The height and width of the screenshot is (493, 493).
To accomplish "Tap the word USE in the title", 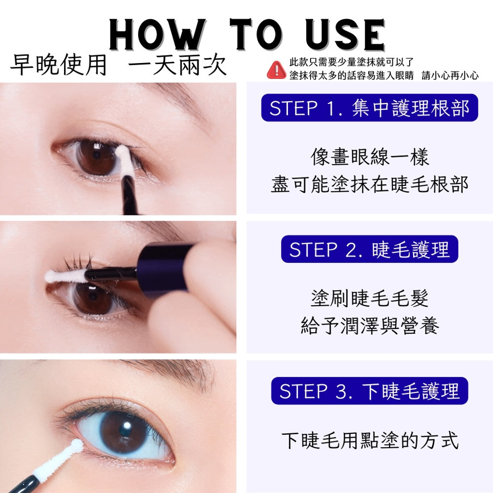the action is point(345,35).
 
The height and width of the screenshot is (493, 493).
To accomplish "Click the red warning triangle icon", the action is point(277,70).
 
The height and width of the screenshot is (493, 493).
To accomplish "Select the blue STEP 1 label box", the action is point(369,108).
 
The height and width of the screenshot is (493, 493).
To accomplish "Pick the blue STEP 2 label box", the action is point(369,249).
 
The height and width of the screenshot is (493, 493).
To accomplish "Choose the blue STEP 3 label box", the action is point(369,391).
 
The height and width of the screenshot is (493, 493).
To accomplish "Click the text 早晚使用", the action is point(59,65).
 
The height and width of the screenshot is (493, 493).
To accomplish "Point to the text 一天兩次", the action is point(177,65).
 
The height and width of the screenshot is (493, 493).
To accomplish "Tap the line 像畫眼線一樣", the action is point(369,157).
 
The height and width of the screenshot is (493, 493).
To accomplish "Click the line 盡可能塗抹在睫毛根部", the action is point(369,184).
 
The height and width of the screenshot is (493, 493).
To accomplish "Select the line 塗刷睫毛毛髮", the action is point(369,298).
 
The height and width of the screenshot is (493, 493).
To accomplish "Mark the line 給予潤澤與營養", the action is point(369,325).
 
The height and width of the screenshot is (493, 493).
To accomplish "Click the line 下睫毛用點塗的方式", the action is point(369,440).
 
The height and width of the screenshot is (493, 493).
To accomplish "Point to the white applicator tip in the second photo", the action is point(66,276).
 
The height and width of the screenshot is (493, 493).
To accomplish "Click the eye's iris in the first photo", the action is point(97,157).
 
